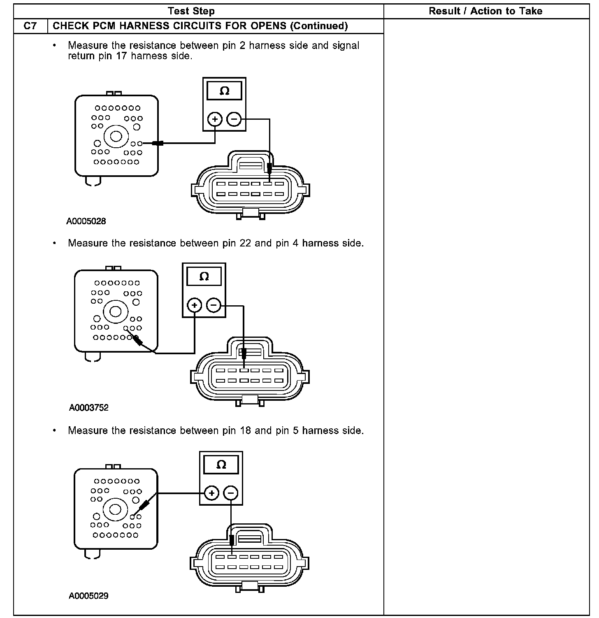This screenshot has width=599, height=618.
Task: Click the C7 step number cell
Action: [30, 26]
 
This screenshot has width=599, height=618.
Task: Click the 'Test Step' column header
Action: [191, 11]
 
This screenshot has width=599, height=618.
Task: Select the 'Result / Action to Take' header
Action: [485, 11]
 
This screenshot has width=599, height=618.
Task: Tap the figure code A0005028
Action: [86, 221]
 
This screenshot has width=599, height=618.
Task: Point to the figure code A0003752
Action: [88, 408]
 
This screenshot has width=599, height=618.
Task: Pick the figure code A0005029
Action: [88, 596]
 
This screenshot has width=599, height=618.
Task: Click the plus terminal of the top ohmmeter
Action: [215, 119]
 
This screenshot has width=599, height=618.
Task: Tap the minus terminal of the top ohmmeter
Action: [234, 119]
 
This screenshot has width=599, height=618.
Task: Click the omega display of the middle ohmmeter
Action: [204, 276]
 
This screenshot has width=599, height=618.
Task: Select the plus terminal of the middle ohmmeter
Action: [195, 305]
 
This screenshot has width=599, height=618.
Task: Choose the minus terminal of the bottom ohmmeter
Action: [231, 493]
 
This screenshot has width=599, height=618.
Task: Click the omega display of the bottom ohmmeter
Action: [221, 465]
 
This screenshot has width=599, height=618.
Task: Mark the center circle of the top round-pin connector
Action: [115, 136]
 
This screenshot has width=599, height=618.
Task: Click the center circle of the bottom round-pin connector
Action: [115, 509]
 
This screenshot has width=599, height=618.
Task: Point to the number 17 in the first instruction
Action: [121, 56]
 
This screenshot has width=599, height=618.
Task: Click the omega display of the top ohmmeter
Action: [225, 91]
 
